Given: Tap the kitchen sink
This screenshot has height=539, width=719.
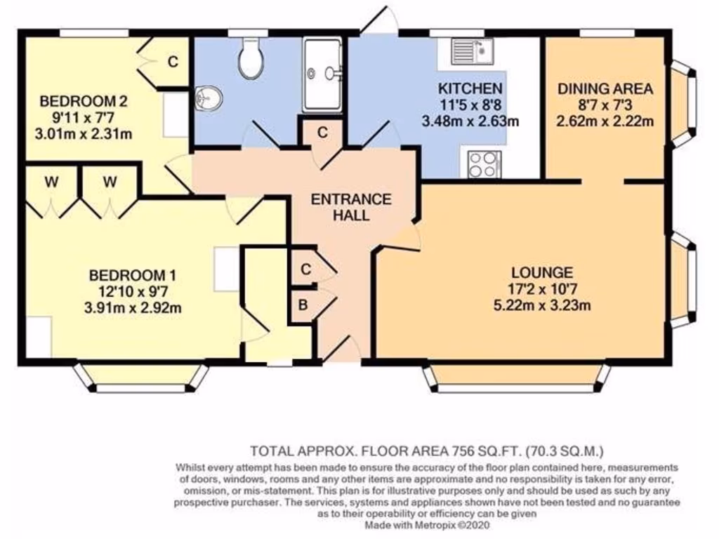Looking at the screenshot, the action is pos(472,51).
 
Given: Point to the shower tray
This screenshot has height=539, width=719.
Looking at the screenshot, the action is pos(322,75).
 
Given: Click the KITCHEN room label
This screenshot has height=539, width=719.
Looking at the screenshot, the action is pos(470,88).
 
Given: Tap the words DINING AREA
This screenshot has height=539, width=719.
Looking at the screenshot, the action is pos(605,89).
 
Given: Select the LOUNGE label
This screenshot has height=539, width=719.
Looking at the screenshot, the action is pos(542,273).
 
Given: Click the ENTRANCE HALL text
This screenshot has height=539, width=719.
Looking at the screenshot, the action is pos(351,207).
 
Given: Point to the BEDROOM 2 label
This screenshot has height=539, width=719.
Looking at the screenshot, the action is pos(84,101).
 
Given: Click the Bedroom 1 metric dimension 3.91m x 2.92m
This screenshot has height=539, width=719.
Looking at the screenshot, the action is pos(133,307).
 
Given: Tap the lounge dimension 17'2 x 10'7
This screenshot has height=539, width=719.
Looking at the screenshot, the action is pos(542,289).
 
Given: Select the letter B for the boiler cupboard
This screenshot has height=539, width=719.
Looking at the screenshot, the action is pos(303,305).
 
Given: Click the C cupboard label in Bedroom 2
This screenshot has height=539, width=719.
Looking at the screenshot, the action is pos(173,62).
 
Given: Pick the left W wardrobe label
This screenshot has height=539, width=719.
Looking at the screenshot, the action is pos(52,182).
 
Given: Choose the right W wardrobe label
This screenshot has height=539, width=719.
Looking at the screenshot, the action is pos(110,182).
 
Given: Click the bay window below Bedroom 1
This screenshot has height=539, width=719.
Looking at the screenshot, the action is pos(142,378).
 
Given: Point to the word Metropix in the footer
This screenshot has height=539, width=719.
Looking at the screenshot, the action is pos(436,525).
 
